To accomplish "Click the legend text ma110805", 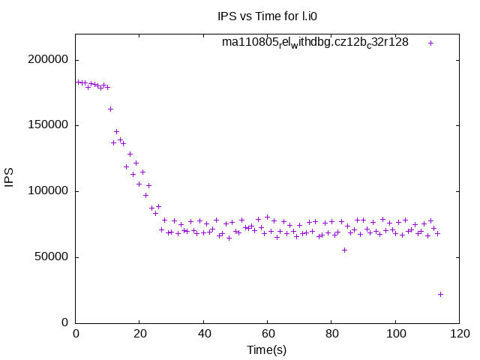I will tap(315, 42).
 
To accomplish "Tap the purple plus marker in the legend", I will tap(430, 43).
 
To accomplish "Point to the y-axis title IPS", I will tap(10, 178).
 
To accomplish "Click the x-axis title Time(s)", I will tap(267, 350).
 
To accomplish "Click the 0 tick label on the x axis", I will tap(76, 334).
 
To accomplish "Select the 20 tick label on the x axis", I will tap(139, 334).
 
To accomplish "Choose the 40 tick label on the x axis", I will tap(203, 334).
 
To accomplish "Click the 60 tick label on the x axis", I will tap(267, 334).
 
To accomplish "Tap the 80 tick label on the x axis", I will tap(331, 334).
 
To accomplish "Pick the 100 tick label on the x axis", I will tap(394, 334).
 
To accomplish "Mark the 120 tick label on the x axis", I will tap(458, 334).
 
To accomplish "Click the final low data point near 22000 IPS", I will tap(440, 294).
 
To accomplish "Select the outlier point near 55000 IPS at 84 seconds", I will tap(344, 250).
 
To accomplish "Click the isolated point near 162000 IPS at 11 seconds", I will tap(110, 109).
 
